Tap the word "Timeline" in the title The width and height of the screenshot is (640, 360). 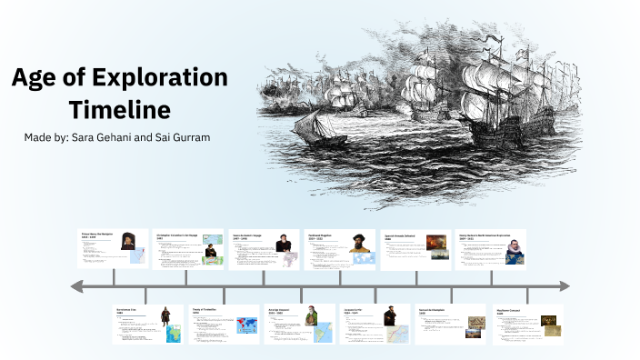(x=119, y=110)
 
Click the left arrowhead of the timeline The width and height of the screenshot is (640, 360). (x=77, y=287)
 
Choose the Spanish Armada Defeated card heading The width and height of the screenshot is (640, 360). (x=401, y=234)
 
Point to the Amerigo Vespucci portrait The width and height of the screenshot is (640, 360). (x=310, y=319)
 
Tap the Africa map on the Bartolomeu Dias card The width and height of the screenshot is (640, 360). (x=172, y=333)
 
